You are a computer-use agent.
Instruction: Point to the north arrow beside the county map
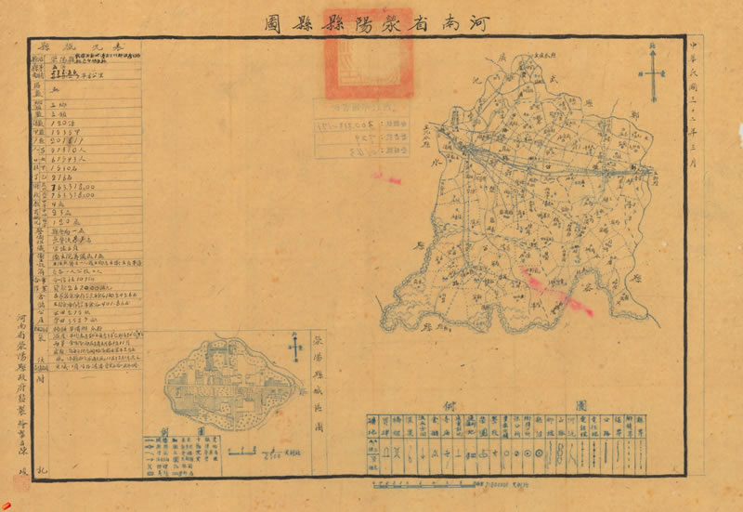tap(657, 74)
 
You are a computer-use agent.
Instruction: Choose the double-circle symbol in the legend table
tap(537, 453)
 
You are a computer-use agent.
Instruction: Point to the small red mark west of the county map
tap(385, 177)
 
